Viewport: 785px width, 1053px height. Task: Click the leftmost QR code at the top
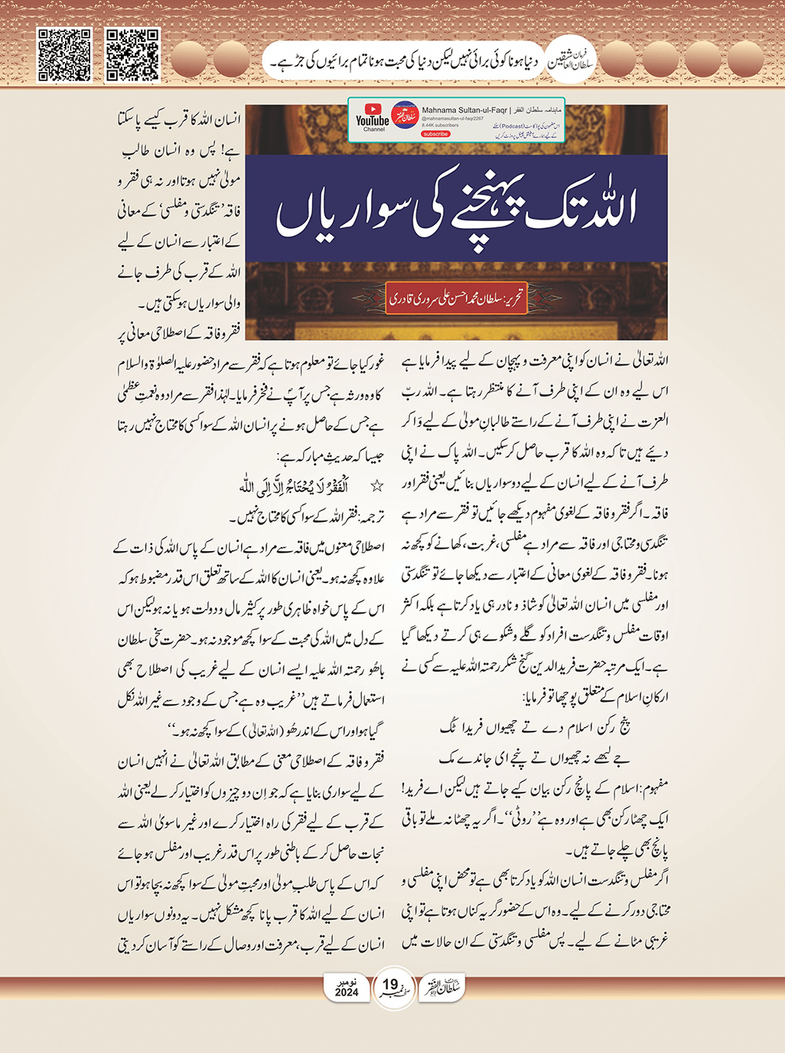tap(64, 55)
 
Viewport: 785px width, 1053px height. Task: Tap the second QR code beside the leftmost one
tap(132, 55)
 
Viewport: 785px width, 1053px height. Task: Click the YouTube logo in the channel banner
tap(373, 118)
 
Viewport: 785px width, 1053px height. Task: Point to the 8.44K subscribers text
tap(441, 126)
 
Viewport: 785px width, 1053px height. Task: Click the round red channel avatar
tap(404, 118)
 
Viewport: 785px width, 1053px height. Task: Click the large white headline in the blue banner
tap(457, 211)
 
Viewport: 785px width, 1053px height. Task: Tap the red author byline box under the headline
tap(457, 298)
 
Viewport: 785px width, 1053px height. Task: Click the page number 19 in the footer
tap(391, 984)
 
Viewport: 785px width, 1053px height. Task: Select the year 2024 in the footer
tap(347, 992)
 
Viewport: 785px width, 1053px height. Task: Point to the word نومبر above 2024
tap(347, 981)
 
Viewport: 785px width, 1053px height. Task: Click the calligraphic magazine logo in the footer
tap(443, 986)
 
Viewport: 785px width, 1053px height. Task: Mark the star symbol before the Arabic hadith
tap(376, 487)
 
